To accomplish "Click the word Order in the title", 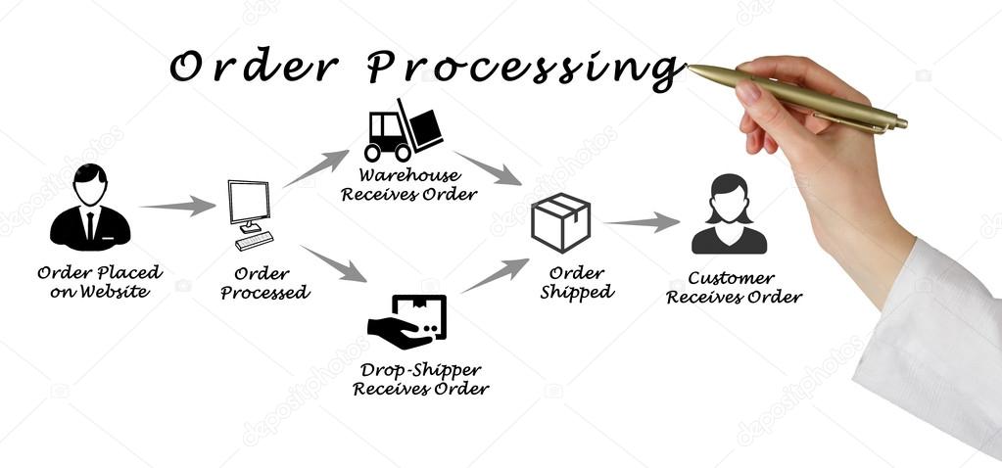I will point(255,67).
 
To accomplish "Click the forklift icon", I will point(402,131).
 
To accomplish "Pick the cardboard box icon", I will point(560,222).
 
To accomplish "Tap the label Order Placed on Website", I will point(100,282).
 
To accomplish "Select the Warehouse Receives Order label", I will point(408,185).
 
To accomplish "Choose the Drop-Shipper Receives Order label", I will point(420,380).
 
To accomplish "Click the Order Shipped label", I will point(577,282).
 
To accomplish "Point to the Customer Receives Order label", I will point(734,288).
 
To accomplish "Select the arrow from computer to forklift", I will point(315,168).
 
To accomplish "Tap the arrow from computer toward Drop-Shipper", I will point(333,263).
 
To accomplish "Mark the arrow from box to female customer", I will point(641,223).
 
